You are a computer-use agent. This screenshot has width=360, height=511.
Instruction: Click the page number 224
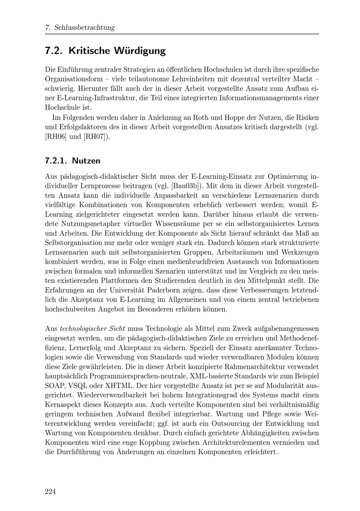tap(50, 492)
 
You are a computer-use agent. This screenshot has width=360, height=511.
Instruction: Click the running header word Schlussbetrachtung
tap(84, 28)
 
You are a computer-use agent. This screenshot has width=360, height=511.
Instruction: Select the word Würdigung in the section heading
tap(140, 51)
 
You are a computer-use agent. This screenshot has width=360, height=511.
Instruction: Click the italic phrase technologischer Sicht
tap(93, 329)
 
